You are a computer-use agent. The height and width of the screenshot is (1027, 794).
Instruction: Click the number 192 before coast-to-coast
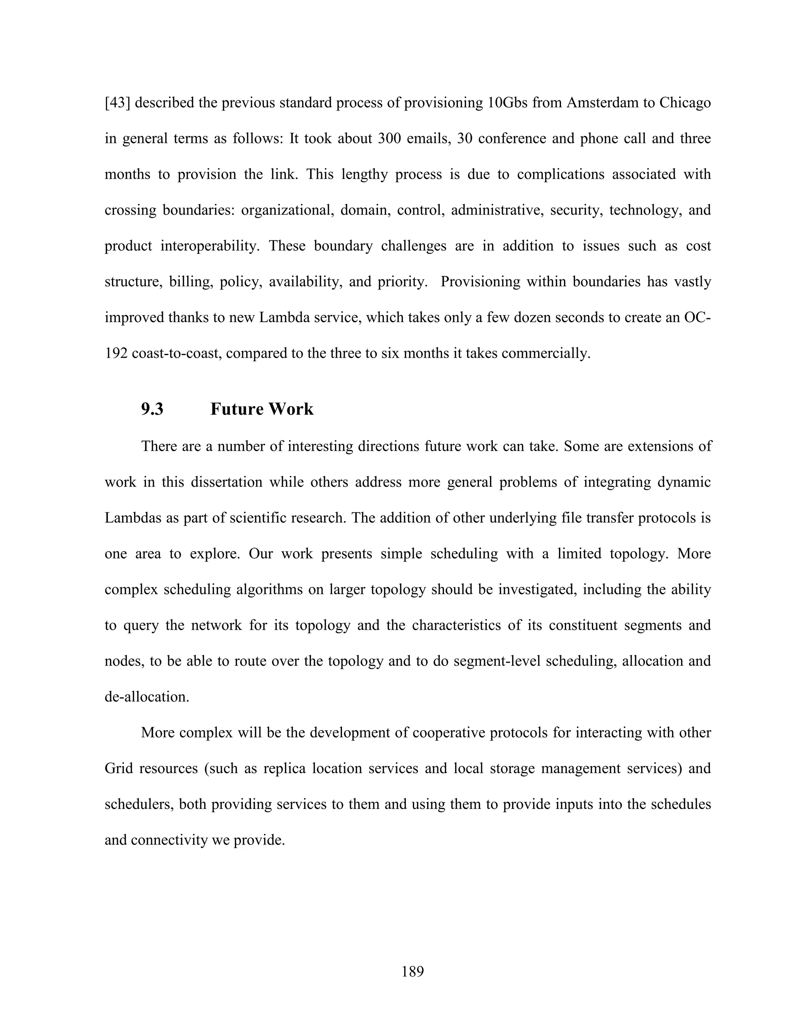(116, 353)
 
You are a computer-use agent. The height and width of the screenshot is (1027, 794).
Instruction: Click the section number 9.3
(152, 409)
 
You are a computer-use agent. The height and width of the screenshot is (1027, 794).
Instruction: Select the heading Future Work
(262, 409)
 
